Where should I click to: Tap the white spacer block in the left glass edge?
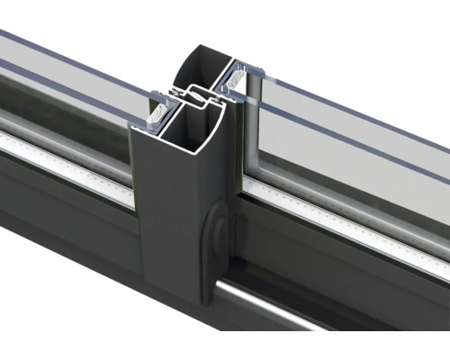click(x=154, y=112)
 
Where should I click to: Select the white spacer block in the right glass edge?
click(x=238, y=81)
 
